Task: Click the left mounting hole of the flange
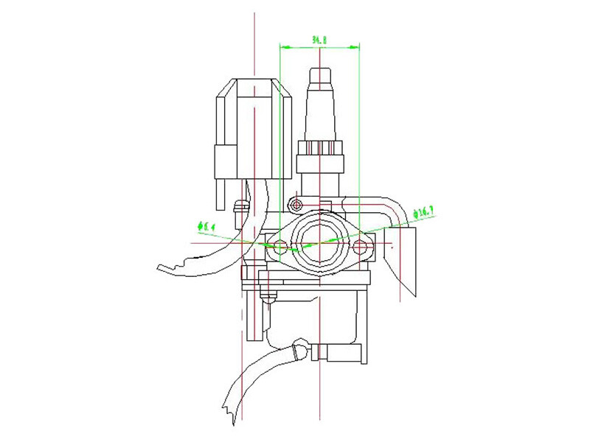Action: point(280,245)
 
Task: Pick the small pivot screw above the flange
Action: point(296,203)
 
